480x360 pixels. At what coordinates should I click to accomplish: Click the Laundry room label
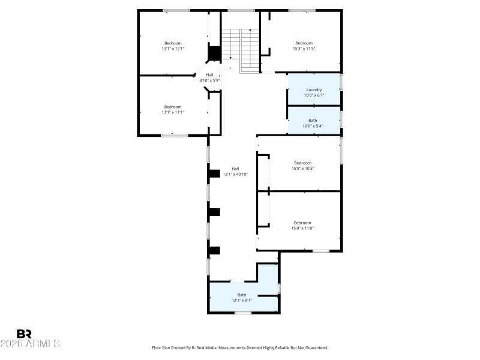tap(314, 90)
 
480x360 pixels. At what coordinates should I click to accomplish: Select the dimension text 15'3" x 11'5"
tap(304, 49)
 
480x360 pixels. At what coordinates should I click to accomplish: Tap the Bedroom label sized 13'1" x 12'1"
tap(173, 43)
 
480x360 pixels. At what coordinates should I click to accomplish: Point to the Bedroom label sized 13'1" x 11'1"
tap(173, 107)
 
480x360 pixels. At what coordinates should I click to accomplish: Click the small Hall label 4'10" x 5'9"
tap(209, 75)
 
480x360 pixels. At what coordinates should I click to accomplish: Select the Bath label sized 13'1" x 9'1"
tap(241, 295)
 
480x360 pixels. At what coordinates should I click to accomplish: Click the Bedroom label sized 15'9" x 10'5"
tap(302, 163)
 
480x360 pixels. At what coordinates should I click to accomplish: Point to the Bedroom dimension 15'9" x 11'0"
tap(302, 228)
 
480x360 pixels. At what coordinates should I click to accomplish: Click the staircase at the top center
tap(240, 45)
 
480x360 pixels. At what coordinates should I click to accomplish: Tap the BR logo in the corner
tap(24, 334)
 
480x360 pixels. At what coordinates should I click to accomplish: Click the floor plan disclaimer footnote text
tap(240, 347)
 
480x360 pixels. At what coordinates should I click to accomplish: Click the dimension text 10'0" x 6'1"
tap(314, 95)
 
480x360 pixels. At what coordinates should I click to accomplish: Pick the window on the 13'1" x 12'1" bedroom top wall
tap(176, 10)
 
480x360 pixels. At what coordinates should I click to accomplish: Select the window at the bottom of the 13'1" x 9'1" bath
tap(242, 313)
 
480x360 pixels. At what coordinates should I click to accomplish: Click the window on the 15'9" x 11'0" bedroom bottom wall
tap(321, 251)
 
